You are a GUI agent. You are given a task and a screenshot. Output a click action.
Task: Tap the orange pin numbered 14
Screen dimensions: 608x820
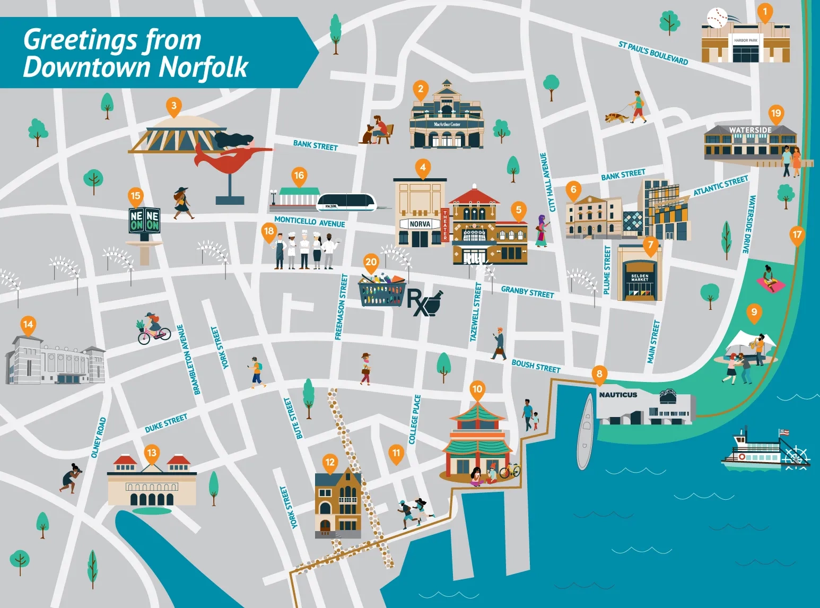tap(28, 325)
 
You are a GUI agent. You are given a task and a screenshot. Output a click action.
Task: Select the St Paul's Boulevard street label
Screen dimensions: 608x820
tap(653, 53)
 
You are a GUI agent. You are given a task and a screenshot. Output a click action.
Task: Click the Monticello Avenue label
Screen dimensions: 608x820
tap(309, 222)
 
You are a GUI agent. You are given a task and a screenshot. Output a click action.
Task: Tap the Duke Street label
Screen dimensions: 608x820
tap(166, 423)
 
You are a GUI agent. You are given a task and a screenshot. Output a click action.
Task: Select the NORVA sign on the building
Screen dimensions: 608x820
tap(420, 224)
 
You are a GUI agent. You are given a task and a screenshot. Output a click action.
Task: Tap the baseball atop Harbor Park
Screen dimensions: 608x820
tap(717, 18)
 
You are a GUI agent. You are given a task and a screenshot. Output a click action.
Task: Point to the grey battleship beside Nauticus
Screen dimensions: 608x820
tap(585, 431)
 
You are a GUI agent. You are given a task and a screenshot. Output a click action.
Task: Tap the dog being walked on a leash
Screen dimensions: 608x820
tap(616, 117)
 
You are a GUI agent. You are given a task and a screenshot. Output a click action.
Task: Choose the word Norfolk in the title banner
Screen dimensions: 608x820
tap(203, 67)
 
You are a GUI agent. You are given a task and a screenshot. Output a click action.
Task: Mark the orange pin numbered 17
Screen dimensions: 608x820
tap(797, 235)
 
